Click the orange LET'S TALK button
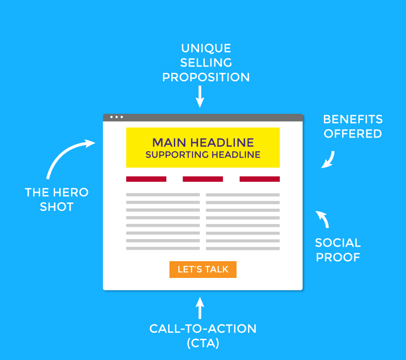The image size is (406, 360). point(203,270)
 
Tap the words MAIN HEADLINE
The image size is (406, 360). point(203,142)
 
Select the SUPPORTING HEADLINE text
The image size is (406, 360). point(203,155)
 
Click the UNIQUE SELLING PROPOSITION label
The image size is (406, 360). point(206,63)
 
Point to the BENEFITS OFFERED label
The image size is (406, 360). point(353,126)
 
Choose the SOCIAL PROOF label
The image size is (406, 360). point(338,249)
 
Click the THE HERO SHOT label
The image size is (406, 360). point(56,199)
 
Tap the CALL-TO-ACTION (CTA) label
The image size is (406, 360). point(203,336)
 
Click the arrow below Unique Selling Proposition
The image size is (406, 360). point(200,97)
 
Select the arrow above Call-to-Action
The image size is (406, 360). point(200,308)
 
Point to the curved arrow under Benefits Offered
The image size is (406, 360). point(328,160)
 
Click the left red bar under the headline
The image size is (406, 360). point(146,179)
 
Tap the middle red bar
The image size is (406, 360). point(203,179)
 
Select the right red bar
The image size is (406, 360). point(259,179)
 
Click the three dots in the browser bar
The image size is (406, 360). point(117,117)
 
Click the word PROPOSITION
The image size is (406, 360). point(206,77)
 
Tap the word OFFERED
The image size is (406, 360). point(353,133)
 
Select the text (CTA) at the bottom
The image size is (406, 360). point(203,343)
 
